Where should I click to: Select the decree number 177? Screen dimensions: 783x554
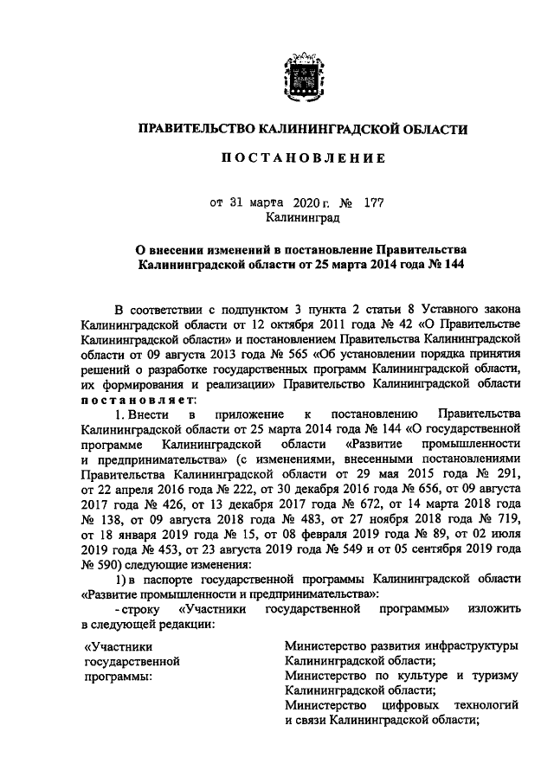point(373,204)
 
